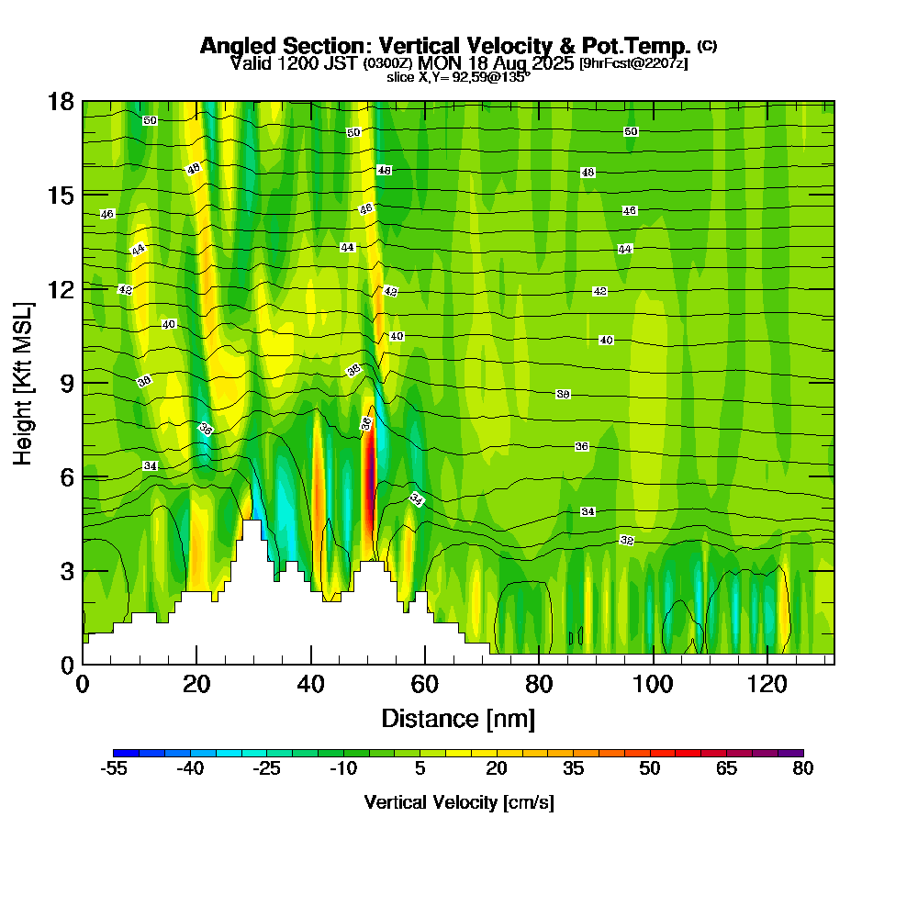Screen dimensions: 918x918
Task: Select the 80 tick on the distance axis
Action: click(538, 684)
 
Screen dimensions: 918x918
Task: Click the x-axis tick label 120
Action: click(766, 684)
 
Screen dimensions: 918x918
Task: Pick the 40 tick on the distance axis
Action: click(310, 684)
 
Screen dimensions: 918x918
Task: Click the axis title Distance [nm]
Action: click(458, 718)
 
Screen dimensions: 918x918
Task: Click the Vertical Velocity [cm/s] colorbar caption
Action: click(458, 802)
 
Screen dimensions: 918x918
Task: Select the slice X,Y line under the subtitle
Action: click(458, 78)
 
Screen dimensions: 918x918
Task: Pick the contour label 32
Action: click(627, 540)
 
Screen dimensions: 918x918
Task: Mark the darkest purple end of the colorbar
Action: click(796, 753)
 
